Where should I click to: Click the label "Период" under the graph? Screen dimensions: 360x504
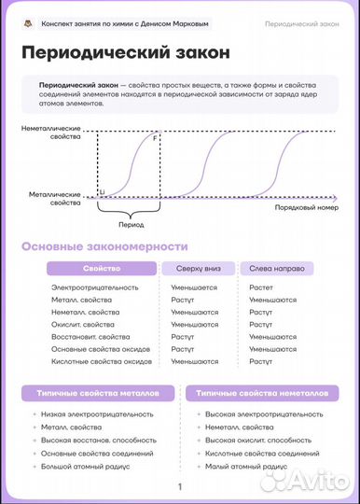click(x=132, y=225)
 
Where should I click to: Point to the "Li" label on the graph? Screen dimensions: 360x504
click(x=102, y=190)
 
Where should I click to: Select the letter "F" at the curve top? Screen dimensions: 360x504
click(x=155, y=138)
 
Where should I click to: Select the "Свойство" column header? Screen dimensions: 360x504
click(x=102, y=269)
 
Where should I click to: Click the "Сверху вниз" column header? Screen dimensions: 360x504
click(x=199, y=269)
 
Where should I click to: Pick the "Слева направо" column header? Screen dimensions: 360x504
click(x=277, y=269)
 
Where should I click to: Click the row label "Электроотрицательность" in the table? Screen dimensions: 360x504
click(x=95, y=287)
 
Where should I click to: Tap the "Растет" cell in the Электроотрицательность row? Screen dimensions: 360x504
click(x=261, y=287)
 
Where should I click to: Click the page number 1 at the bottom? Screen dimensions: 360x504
click(x=180, y=486)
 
